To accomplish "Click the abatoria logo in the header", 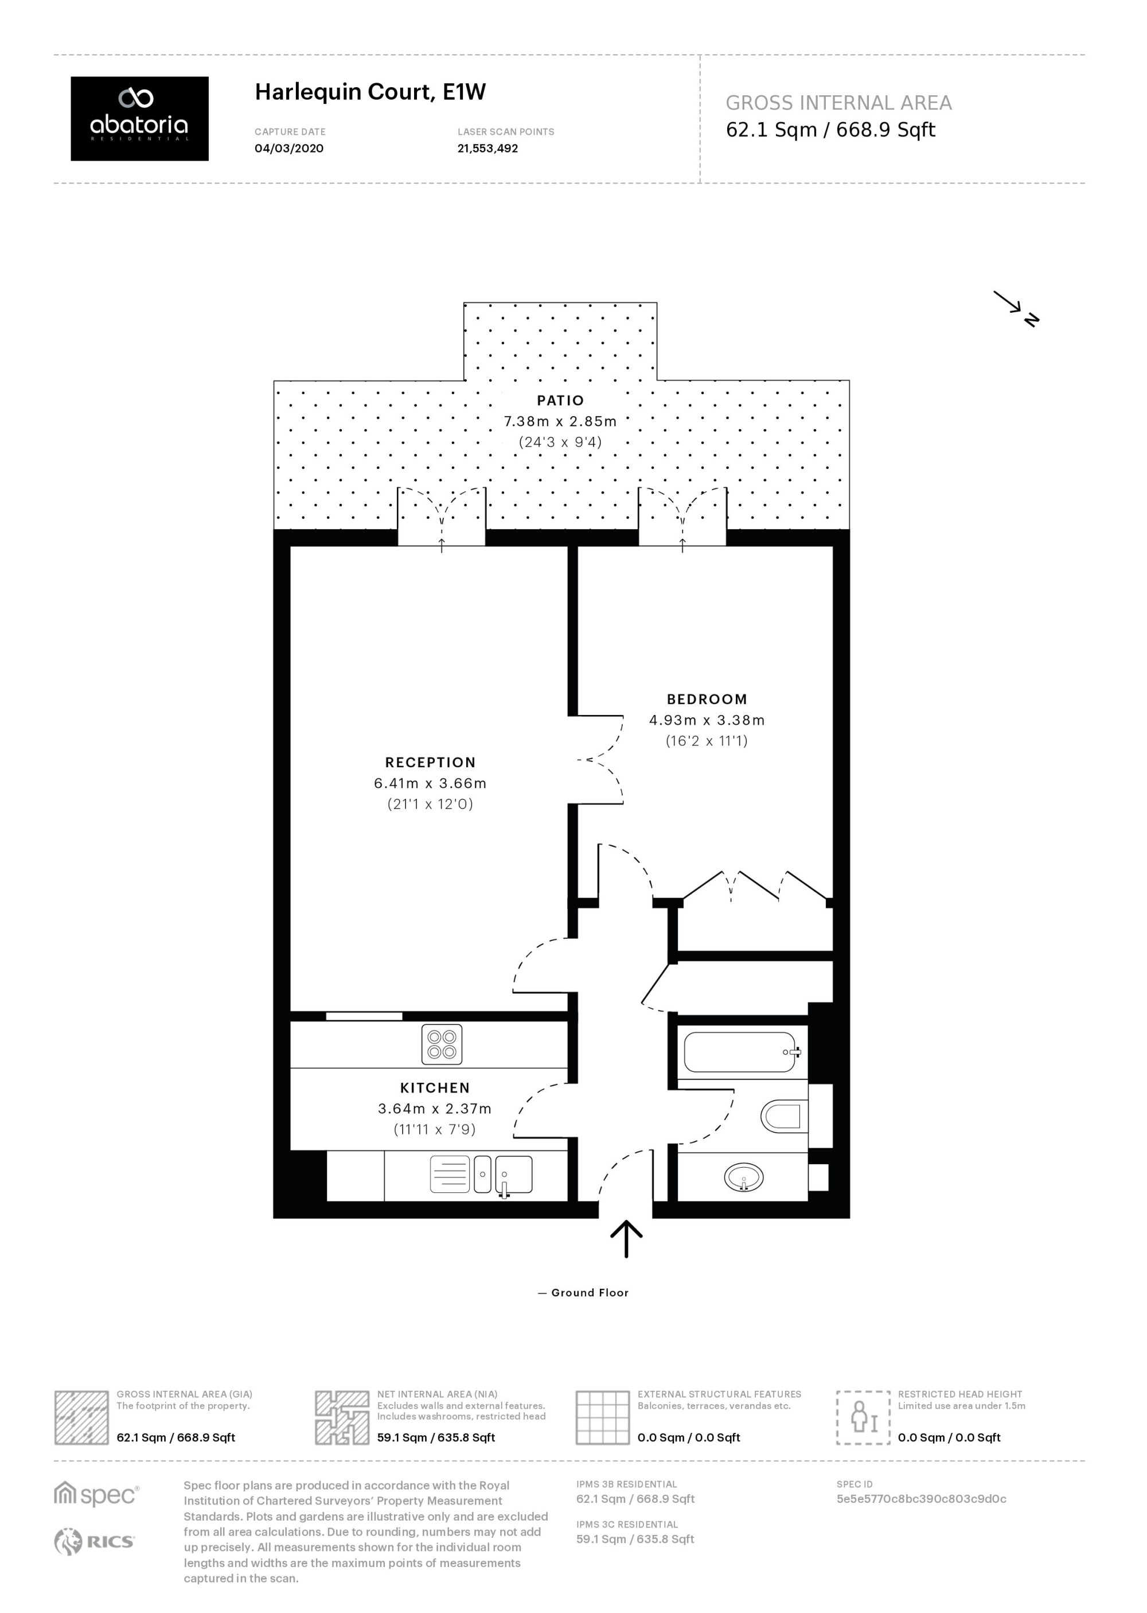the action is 139,118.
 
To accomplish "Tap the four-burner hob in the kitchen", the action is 442,1044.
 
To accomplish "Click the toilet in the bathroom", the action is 784,1116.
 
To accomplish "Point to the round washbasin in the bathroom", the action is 744,1177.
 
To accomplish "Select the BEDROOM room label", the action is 707,699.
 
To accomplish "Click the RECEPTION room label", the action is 430,763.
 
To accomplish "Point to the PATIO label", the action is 560,401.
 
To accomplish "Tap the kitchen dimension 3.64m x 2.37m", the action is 434,1109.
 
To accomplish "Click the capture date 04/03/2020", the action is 289,149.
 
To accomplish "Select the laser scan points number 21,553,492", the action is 487,149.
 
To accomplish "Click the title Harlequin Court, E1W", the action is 370,92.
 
